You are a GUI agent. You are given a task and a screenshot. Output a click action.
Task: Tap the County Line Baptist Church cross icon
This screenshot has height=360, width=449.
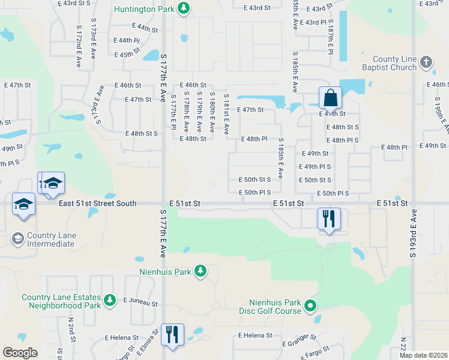(x=426, y=61)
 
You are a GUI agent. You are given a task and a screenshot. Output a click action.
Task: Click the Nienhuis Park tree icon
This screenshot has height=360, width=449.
(x=200, y=272)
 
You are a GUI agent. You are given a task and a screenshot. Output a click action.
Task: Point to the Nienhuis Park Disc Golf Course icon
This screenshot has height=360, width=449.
(x=310, y=307)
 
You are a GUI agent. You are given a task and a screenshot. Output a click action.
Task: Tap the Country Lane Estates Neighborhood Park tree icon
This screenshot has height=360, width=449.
(x=109, y=299)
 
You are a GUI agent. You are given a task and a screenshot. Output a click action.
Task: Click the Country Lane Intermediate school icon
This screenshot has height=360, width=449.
(x=17, y=239)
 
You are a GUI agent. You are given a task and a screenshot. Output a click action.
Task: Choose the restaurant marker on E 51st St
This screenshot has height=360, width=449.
(x=329, y=218)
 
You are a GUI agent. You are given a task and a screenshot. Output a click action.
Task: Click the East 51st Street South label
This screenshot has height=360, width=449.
(x=98, y=204)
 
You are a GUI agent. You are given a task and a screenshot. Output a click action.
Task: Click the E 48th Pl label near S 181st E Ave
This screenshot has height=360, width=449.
(x=254, y=139)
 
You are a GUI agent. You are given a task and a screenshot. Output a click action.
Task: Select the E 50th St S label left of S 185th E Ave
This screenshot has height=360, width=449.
(x=255, y=179)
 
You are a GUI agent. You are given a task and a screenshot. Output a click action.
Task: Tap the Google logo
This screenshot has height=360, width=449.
(x=20, y=353)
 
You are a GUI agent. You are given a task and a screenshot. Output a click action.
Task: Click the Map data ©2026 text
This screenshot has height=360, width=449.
(x=424, y=355)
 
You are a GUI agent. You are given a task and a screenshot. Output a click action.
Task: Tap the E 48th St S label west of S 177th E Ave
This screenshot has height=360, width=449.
(x=141, y=133)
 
